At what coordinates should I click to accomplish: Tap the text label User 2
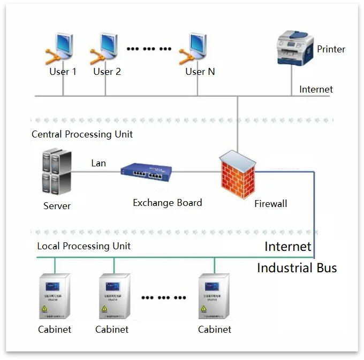pyautogui.click(x=107, y=72)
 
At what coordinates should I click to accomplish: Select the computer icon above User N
pyautogui.click(x=196, y=49)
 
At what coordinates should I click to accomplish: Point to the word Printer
pyautogui.click(x=331, y=49)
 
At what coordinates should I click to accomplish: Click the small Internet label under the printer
pyautogui.click(x=316, y=89)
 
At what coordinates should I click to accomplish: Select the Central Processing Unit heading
pyautogui.click(x=82, y=134)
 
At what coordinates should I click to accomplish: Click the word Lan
pyautogui.click(x=98, y=163)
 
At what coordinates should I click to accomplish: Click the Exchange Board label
pyautogui.click(x=167, y=203)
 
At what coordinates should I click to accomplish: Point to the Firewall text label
pyautogui.click(x=270, y=203)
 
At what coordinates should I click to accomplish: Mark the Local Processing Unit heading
pyautogui.click(x=84, y=246)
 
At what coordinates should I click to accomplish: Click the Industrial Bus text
pyautogui.click(x=297, y=267)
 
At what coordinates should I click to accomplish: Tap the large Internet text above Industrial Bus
pyautogui.click(x=287, y=247)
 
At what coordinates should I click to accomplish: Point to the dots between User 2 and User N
pyautogui.click(x=148, y=49)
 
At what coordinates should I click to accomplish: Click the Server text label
pyautogui.click(x=57, y=206)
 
